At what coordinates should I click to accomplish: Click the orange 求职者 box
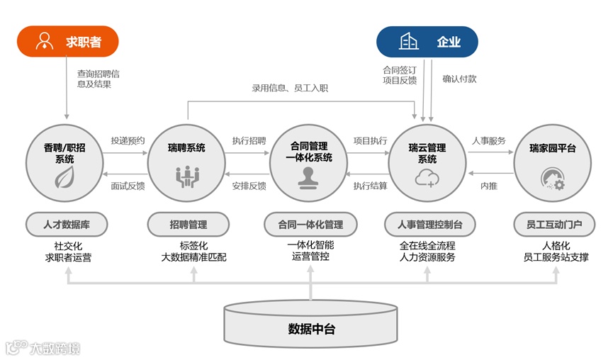[67, 41]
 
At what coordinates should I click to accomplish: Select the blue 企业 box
[427, 41]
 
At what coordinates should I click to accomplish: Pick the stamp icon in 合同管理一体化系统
[309, 179]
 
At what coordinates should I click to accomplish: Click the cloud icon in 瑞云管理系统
[427, 177]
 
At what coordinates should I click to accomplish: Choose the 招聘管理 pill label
[189, 225]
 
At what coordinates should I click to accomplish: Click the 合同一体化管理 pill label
[310, 225]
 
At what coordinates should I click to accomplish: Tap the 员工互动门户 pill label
[554, 225]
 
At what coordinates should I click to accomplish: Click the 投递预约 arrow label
[128, 140]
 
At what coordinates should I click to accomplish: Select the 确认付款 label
[459, 79]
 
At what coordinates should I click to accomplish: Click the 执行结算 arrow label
[370, 186]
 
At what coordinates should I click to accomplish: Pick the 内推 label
[489, 186]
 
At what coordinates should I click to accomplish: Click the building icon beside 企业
[409, 41]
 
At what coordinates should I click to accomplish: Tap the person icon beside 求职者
[45, 41]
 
